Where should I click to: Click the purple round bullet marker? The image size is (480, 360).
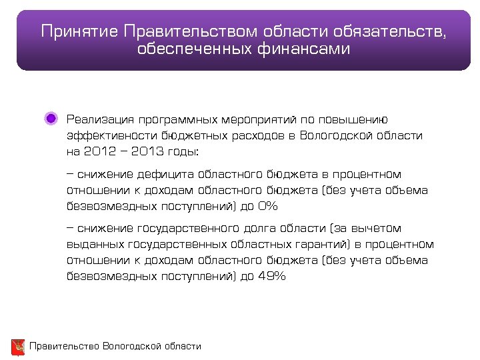point(51,119)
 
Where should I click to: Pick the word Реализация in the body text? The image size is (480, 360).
point(100,119)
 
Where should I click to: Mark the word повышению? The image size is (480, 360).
point(360,119)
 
